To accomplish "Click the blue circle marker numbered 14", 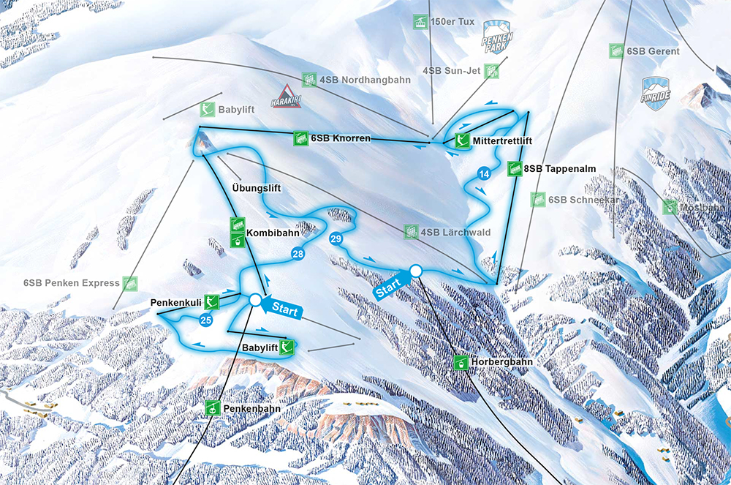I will coord(483,173).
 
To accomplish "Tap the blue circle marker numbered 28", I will coord(298,254).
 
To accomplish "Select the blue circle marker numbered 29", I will coord(336,238).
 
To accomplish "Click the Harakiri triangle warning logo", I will coord(286,97).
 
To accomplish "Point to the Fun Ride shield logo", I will coord(656,94).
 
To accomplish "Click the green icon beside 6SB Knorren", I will coord(300,138).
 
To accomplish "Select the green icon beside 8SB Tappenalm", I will coord(514,169).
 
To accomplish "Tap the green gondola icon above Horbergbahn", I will coord(461,362).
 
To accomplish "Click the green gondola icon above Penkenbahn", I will coord(213,408).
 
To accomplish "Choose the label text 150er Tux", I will coord(453,21).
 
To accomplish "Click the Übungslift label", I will coord(256,188).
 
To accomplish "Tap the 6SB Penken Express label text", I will coord(71,282).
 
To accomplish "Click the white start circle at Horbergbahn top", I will coord(416,271).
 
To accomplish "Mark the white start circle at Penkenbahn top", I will coord(255,300).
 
